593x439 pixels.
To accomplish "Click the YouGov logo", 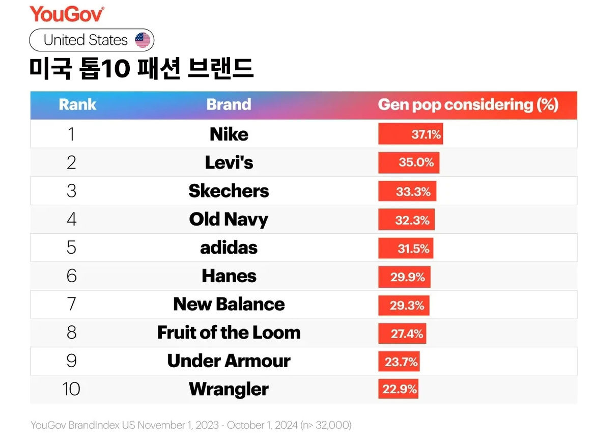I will coord(67,14).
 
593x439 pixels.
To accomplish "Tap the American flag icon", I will coord(143,40).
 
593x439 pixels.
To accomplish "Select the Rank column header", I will coord(77,105).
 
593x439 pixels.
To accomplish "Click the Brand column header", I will coord(229,105).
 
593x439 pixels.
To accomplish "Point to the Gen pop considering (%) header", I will coord(468,105).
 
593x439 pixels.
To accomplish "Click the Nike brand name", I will coord(229,134).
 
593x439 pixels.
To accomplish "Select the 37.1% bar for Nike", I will coord(410,134).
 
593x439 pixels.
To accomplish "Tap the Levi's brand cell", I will coord(229,162).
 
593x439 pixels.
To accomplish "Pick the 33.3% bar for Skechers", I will coord(407,191).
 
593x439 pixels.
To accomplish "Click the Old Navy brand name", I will coord(229,220).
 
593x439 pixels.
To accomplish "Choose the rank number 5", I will coord(71,248).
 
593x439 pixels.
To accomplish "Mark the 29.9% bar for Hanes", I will coord(404,277).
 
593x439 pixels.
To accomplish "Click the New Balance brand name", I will coord(229,305).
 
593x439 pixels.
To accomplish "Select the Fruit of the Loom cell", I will coord(229,333).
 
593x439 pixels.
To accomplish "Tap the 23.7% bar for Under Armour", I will coord(399,362).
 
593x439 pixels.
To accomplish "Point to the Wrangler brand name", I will coord(229,390).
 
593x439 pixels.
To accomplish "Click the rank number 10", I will coord(71,390).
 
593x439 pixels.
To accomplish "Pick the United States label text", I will coord(86,40).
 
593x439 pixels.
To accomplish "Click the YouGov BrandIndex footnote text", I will coord(191,425).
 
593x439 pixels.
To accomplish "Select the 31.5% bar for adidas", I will coord(406,249).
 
